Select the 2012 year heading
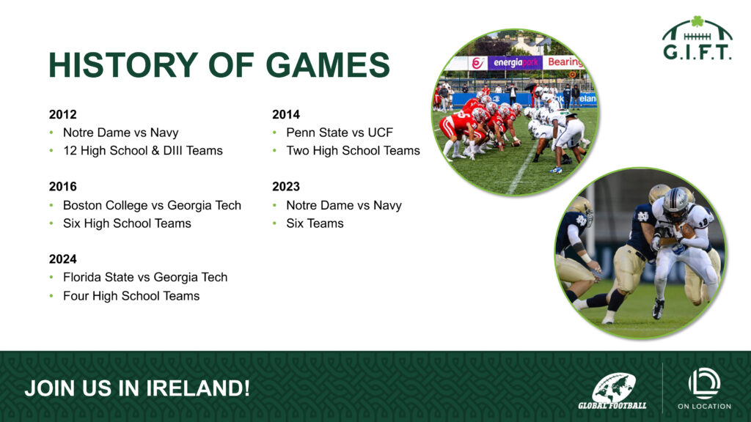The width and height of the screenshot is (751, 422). coord(63,114)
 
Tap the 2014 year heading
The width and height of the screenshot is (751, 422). coord(286,114)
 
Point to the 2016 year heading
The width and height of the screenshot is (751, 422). coord(63,187)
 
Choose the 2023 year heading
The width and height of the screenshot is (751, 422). coord(286,187)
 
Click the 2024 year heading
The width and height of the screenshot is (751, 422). coord(63,259)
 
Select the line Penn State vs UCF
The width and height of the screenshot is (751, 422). coord(340,133)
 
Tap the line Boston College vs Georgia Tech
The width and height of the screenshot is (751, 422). coord(153,205)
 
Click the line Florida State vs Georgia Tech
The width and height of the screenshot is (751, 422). coord(145,278)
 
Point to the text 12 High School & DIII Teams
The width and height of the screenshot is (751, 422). coord(143,151)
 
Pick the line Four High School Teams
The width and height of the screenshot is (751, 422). coord(131,296)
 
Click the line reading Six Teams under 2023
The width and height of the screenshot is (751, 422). coord(315,223)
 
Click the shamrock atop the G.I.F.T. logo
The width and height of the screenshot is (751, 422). coord(697,21)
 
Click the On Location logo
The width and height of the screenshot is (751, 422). coord(704,388)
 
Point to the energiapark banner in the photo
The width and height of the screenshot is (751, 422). coord(515,63)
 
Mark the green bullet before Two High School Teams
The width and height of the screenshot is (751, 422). coord(274,151)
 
